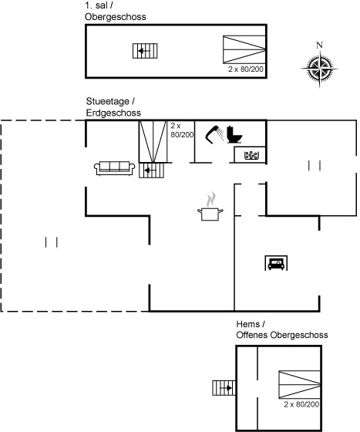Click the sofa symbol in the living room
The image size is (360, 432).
click(115, 168)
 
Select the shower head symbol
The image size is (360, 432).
click(214, 134)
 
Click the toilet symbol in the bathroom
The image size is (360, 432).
click(234, 134)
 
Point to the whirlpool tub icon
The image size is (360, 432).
click(251, 155)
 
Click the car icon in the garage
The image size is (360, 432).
click(276, 263)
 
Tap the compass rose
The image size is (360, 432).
click(319, 68)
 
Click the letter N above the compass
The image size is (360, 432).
click(319, 45)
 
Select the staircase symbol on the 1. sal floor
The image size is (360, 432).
click(145, 51)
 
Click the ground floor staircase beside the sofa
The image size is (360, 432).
click(151, 170)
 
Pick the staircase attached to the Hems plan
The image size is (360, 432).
click(224, 388)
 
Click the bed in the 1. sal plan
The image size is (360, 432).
click(244, 49)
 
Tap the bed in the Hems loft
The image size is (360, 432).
click(300, 385)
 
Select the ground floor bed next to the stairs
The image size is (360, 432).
click(153, 142)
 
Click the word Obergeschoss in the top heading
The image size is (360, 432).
click(116, 17)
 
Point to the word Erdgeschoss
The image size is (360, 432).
click(113, 113)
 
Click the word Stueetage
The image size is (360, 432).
click(108, 101)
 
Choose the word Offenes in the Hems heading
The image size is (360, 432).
click(252, 335)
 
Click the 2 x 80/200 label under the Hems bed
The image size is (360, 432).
click(301, 404)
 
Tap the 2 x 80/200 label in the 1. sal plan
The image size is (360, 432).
click(246, 69)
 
